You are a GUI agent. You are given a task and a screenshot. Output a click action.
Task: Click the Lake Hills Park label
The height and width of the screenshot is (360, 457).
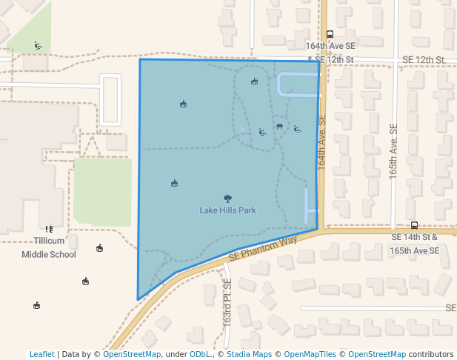tap(227, 210)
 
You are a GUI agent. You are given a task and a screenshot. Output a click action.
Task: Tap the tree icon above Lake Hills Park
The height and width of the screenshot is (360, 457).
tap(227, 198)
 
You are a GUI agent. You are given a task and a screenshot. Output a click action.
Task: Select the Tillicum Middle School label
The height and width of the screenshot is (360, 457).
tap(49, 247)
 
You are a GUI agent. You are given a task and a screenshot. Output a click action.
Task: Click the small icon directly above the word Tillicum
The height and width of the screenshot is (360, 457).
tap(49, 230)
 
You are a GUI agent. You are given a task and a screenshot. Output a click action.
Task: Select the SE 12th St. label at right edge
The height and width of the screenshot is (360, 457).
tap(424, 59)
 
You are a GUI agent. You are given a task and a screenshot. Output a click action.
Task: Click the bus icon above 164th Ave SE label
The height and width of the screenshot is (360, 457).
tap(330, 33)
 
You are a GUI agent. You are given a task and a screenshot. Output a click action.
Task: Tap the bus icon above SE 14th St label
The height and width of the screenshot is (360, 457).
tap(414, 225)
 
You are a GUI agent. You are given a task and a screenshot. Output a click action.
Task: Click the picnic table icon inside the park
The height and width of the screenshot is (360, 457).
tap(279, 126)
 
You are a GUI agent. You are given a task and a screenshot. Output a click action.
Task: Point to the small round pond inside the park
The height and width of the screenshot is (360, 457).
tap(242, 130)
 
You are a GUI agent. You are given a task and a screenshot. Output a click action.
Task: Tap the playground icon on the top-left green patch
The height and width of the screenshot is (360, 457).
tap(38, 46)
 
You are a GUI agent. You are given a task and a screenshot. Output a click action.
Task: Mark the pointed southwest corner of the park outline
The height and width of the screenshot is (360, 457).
tap(138, 299)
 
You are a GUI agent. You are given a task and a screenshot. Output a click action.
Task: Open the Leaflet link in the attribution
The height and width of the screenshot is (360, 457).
tap(41, 354)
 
